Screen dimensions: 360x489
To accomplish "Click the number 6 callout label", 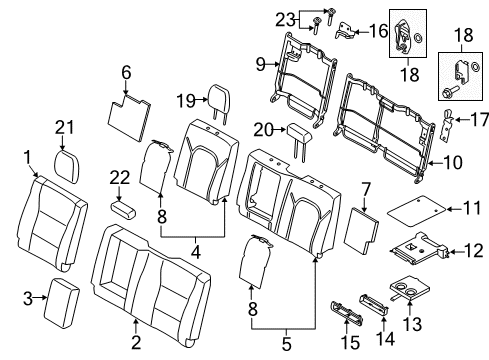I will (126, 71).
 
